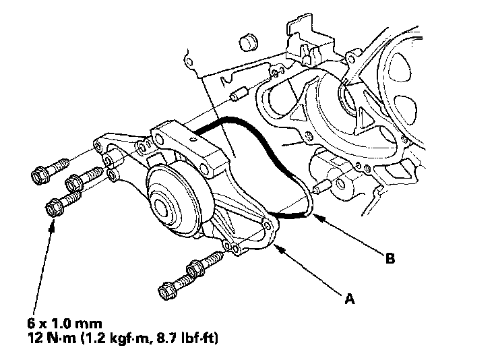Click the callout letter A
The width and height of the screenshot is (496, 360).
(350, 299)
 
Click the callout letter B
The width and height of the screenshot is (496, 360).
(390, 258)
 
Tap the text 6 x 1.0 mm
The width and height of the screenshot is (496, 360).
(65, 324)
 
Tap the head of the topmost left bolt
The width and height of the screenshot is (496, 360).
(40, 175)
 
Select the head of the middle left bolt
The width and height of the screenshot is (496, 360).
(73, 183)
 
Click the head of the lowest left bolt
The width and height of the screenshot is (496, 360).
(55, 208)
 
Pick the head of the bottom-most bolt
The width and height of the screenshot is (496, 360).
(166, 291)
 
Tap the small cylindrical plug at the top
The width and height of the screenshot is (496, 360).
(249, 41)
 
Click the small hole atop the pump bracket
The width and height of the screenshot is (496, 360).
(191, 139)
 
